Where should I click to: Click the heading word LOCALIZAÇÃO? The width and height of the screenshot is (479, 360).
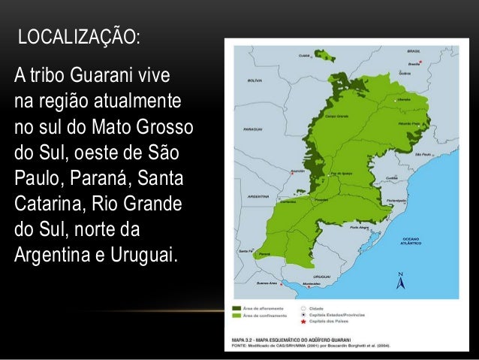click(78, 36)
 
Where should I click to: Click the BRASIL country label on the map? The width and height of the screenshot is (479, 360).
click(413, 51)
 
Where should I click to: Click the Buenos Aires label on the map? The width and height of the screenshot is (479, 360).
click(267, 283)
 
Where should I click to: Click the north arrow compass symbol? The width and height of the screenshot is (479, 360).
click(400, 281)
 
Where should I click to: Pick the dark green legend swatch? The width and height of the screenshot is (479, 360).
click(237, 307)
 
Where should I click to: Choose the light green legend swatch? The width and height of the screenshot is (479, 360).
click(237, 315)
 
